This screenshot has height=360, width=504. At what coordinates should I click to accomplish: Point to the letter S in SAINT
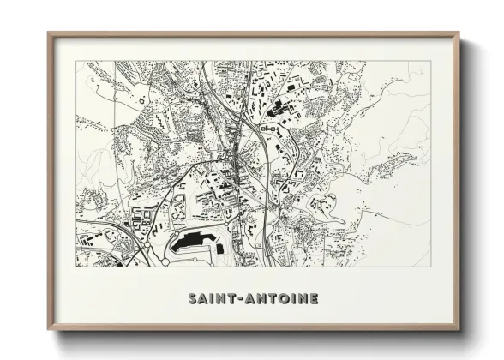tap(192, 299)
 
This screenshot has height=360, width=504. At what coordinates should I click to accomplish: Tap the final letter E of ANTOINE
tap(314, 299)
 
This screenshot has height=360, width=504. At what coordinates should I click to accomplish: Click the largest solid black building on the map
tap(192, 242)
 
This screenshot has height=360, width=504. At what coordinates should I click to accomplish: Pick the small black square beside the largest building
tap(219, 249)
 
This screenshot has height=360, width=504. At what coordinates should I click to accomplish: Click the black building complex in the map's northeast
tap(279, 109)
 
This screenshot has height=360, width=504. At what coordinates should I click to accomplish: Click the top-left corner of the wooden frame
tap(49, 33)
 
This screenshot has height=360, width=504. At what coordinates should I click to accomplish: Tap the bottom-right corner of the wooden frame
tap(459, 329)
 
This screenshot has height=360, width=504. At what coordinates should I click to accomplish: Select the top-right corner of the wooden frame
tap(459, 33)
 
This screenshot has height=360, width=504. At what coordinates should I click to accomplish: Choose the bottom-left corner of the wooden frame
tap(49, 329)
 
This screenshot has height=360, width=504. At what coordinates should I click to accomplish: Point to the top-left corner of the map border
tap(76, 62)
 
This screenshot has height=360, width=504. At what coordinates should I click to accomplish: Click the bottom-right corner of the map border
tap(430, 266)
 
